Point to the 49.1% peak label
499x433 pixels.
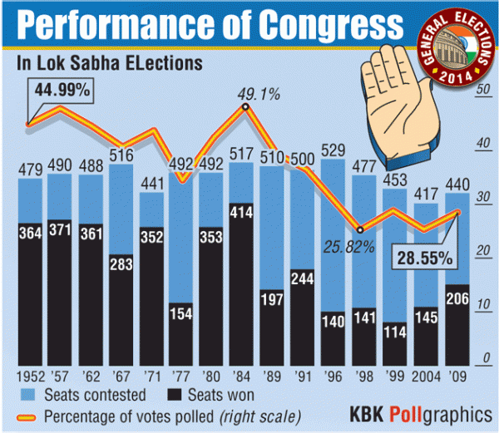tap(246, 94)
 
